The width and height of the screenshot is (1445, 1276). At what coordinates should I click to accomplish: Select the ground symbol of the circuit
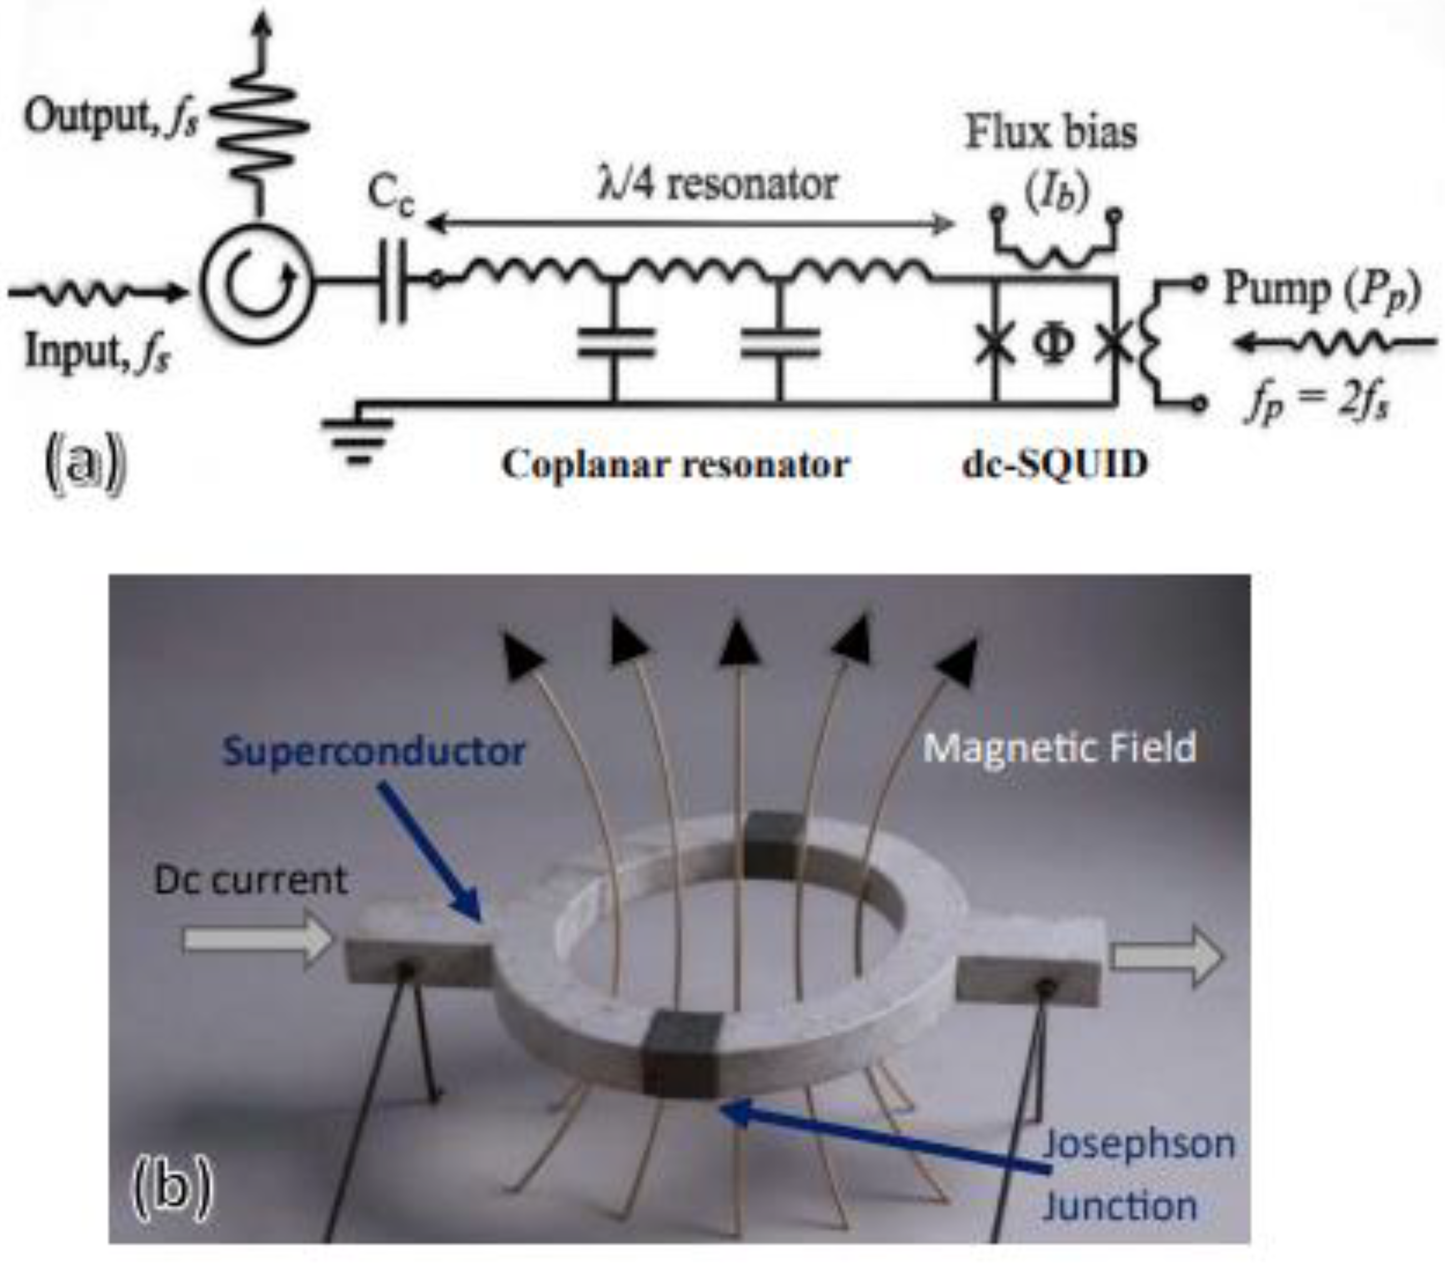[x=357, y=438]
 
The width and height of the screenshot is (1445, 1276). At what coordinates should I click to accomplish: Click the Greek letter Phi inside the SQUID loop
[x=1053, y=344]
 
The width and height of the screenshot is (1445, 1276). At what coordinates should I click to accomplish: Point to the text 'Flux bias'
[x=1051, y=132]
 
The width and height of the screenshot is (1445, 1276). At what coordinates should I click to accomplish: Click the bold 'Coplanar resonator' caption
[x=675, y=464]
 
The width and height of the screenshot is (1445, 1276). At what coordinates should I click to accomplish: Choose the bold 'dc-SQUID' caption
[x=1055, y=464]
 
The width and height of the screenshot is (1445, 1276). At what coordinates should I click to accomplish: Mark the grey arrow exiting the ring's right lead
[x=1166, y=957]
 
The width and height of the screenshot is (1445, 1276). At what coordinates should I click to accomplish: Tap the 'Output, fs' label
[x=111, y=117]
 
